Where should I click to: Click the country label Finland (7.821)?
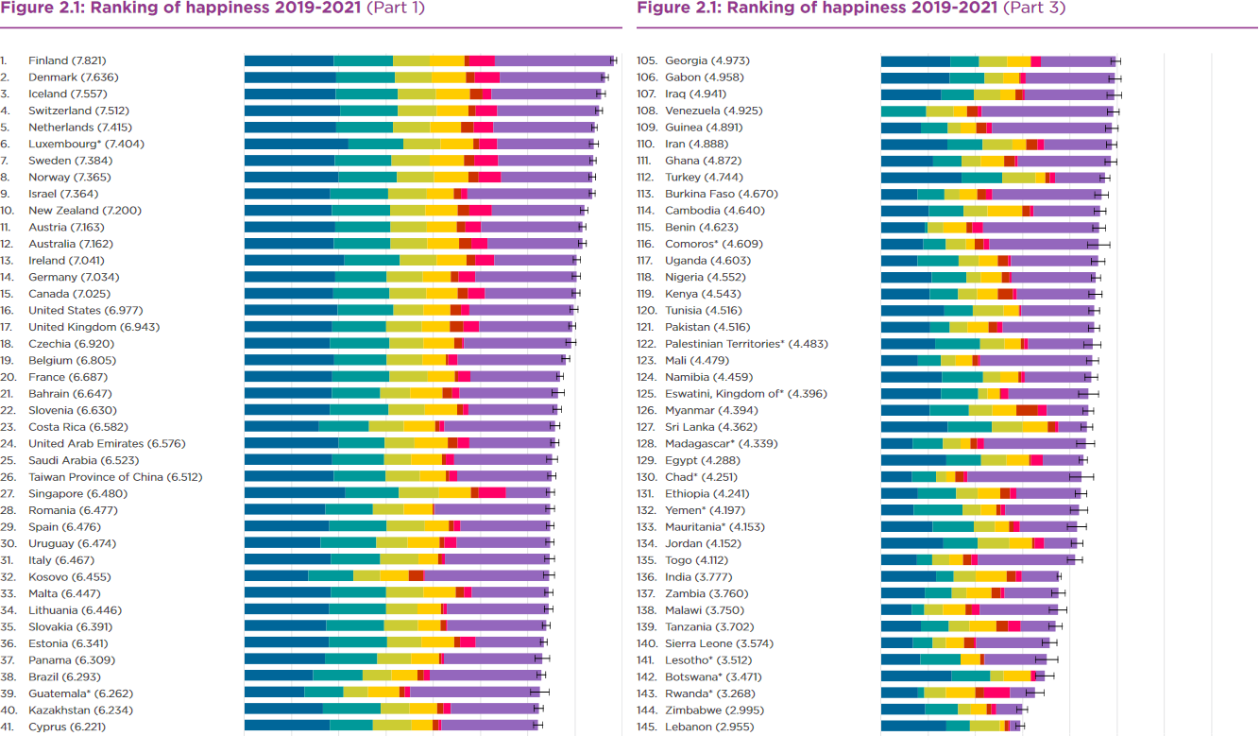[75, 60]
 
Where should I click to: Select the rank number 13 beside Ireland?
[7, 261]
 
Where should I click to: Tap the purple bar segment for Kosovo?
[486, 575]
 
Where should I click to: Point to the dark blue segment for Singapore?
[294, 492]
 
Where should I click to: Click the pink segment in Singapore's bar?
[492, 492]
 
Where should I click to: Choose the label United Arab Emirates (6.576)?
[107, 444]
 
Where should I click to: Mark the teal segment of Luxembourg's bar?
[376, 144]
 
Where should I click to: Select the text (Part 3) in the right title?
[1031, 9]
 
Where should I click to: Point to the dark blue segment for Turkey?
[921, 177]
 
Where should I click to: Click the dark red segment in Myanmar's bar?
[1027, 410]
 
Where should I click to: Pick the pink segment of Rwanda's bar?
[996, 693]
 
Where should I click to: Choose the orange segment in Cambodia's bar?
[1004, 211]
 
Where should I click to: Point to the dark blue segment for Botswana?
[915, 676]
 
